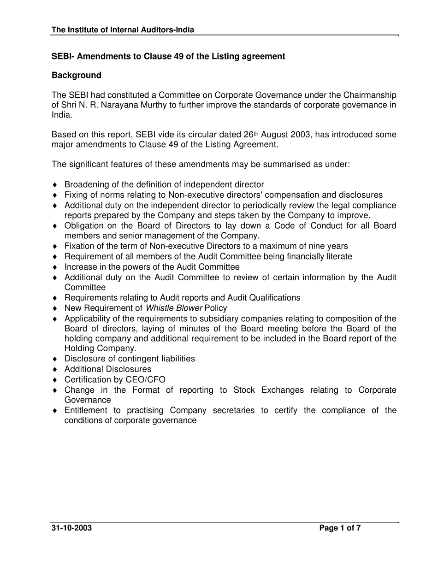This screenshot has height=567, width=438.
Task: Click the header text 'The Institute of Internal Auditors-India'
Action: point(123,30)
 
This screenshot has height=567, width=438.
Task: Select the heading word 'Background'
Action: point(76,75)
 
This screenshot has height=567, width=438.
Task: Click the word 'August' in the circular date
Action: point(275,135)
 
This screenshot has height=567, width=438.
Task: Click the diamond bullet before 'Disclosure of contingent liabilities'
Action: point(55,359)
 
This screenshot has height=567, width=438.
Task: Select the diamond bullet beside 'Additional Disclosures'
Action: point(55,370)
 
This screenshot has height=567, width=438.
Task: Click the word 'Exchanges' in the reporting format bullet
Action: point(283,390)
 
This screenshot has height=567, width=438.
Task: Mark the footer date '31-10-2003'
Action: point(71,528)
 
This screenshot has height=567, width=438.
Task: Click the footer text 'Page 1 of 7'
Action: point(340,528)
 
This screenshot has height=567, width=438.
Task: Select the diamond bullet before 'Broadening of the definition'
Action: point(55,185)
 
